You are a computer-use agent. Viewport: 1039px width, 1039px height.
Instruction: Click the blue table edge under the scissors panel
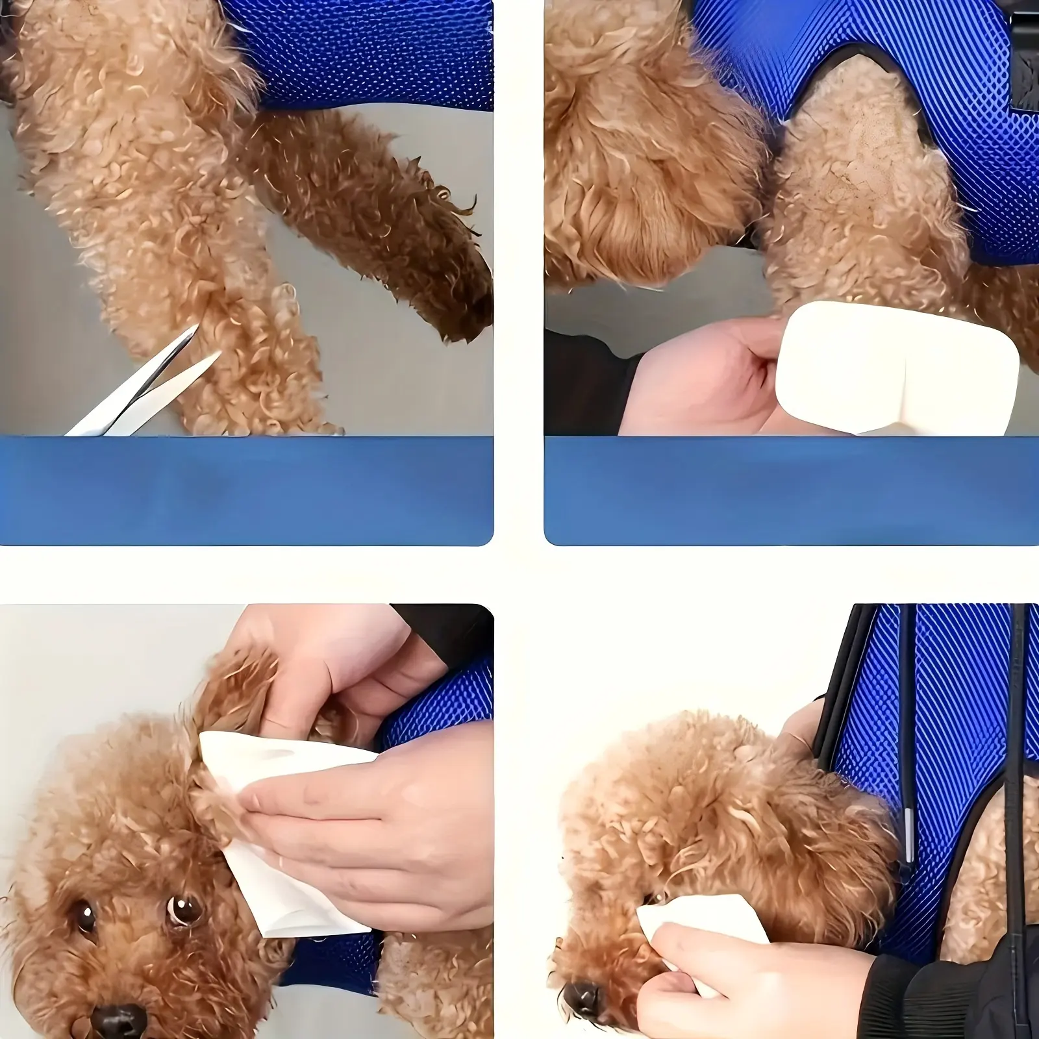click(247, 490)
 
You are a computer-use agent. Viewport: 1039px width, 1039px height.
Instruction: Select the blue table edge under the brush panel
click(792, 490)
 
